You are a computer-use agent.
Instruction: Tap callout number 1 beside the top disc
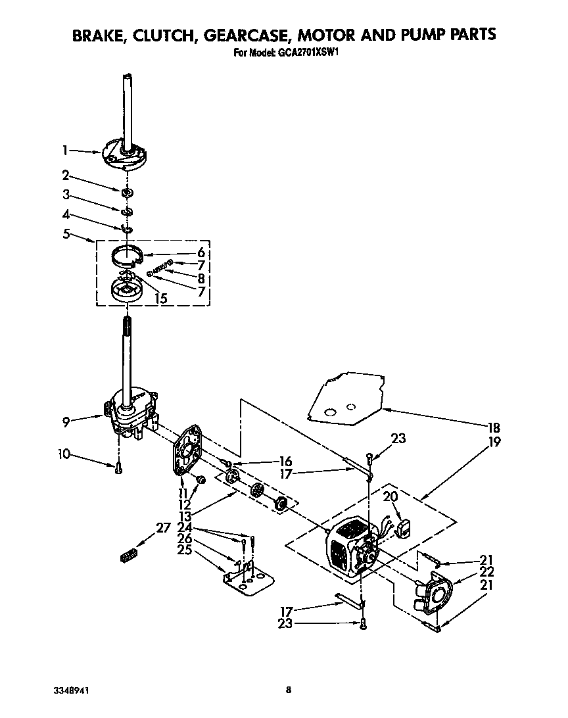tap(66, 151)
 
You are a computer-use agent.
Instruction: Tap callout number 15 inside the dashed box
tap(160, 298)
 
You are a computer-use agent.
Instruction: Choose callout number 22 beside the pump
tap(486, 571)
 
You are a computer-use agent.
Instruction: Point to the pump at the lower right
tap(434, 595)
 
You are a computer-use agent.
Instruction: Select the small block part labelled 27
tap(129, 556)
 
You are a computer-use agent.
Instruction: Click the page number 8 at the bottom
tap(288, 690)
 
